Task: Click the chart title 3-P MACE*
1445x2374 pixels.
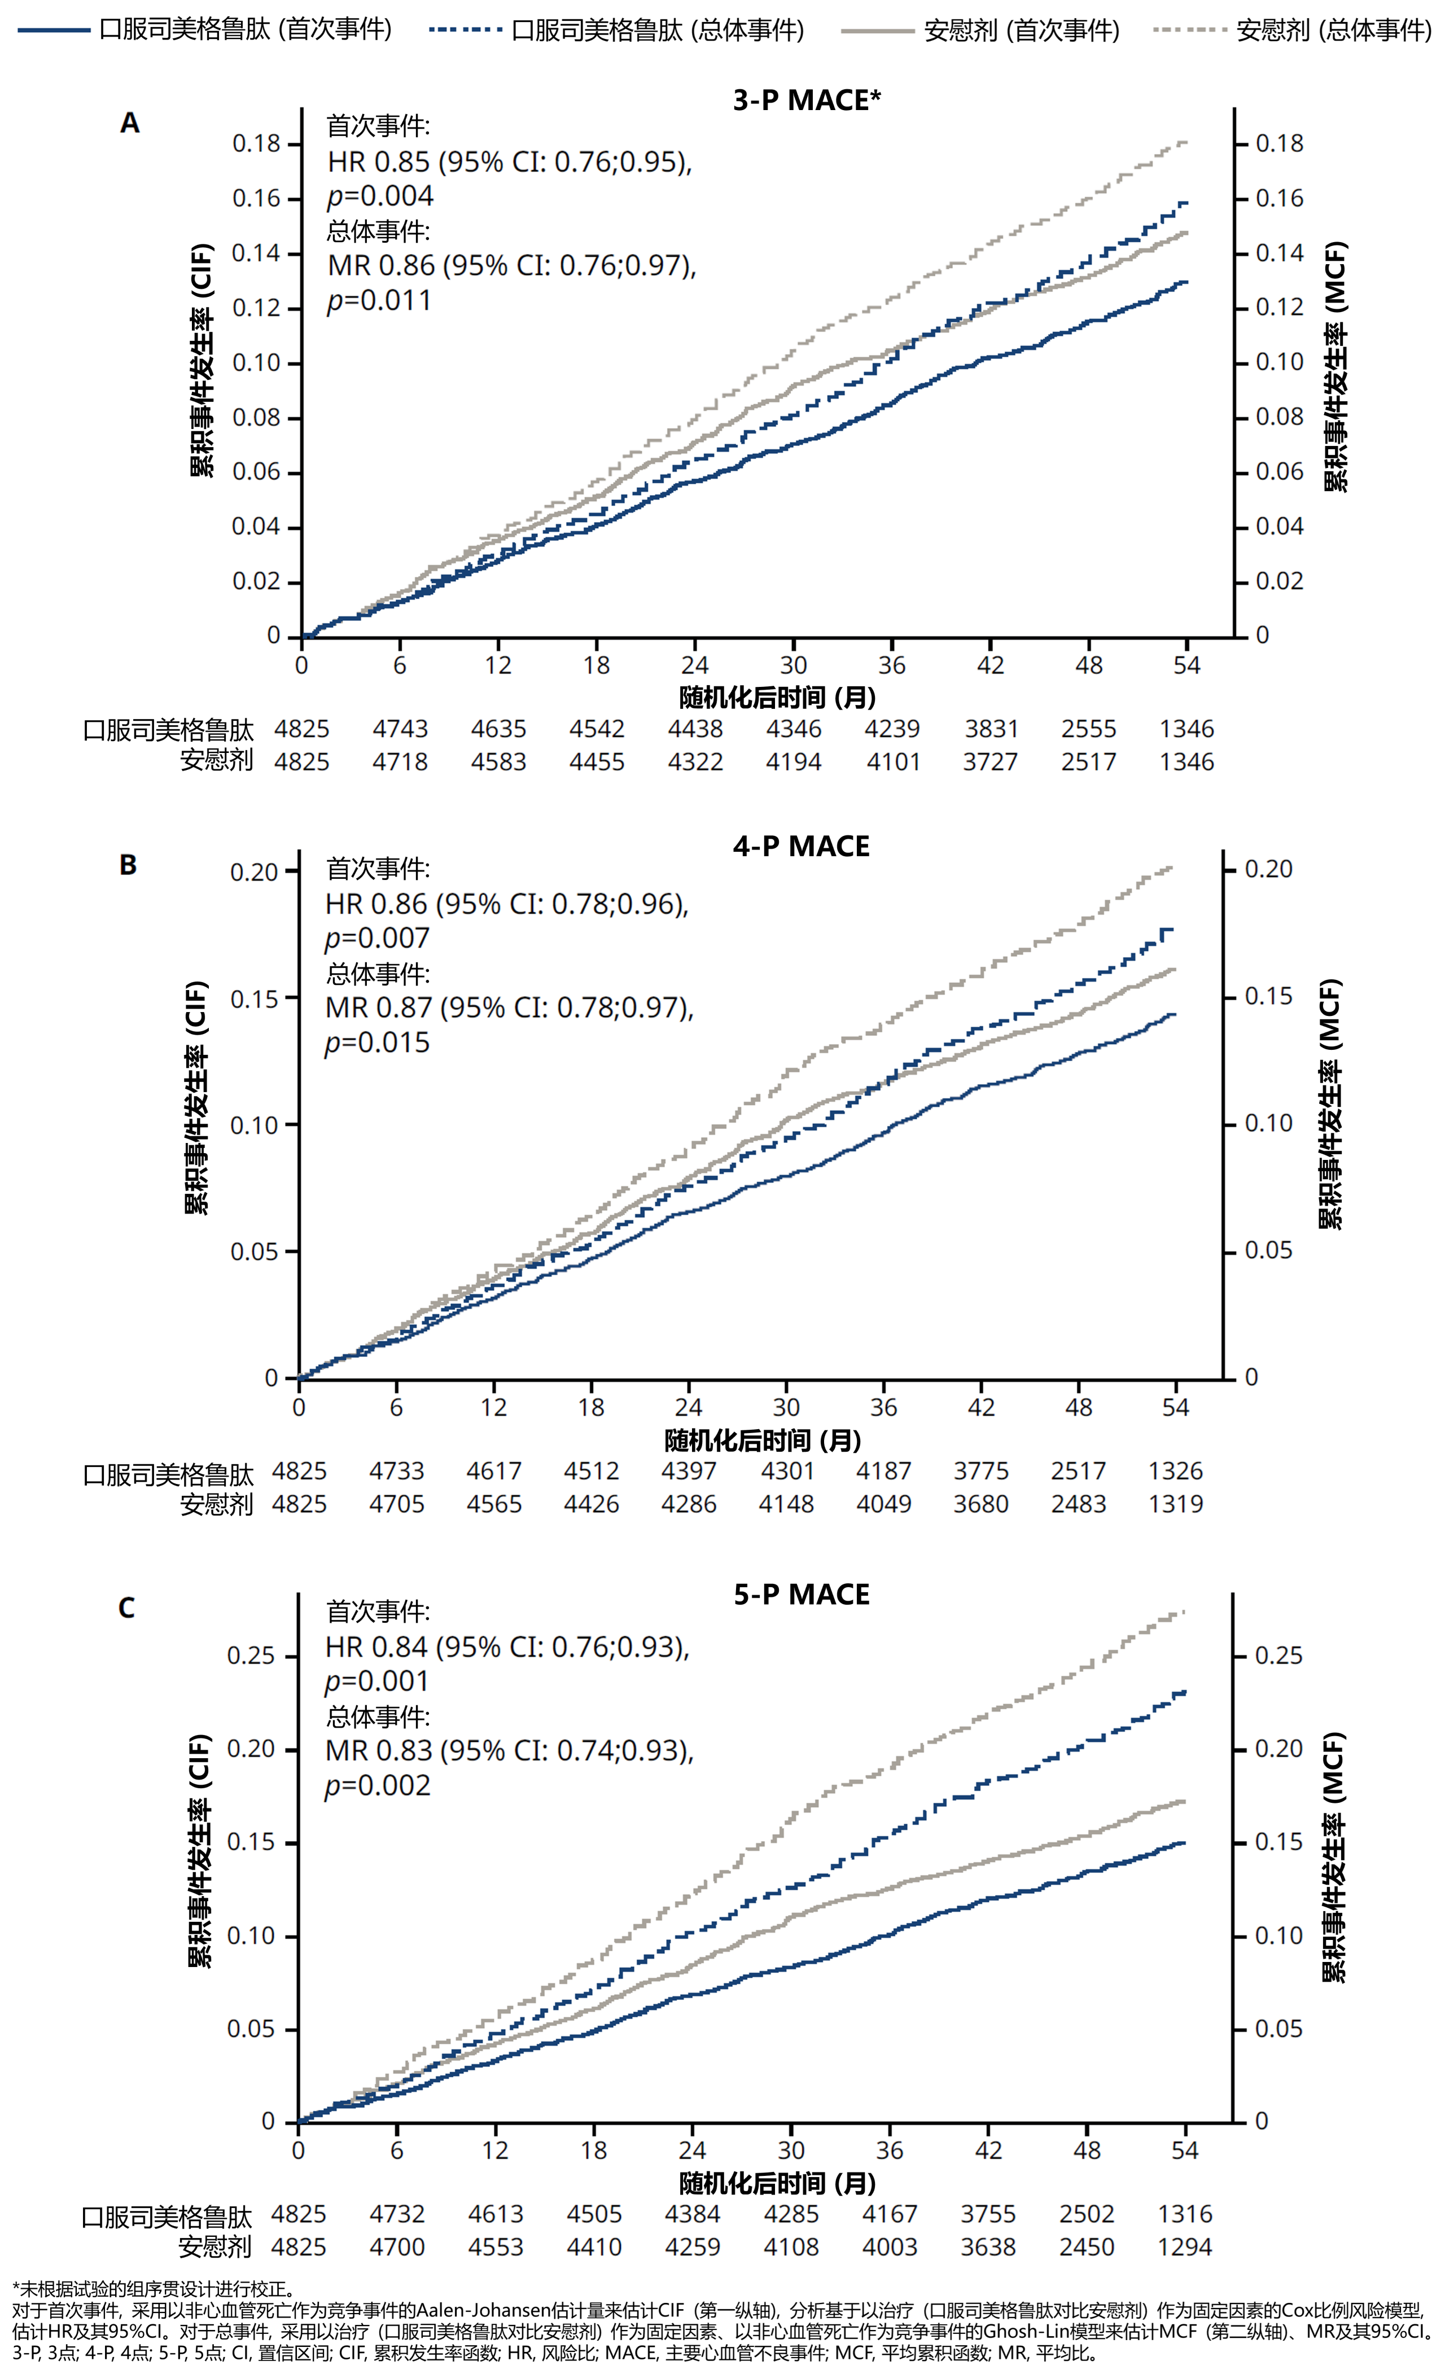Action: click(806, 100)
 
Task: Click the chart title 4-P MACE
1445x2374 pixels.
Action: click(800, 846)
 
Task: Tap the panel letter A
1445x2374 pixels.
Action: click(129, 123)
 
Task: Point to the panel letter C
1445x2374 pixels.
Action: click(126, 1608)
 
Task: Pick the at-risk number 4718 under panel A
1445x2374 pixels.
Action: click(400, 761)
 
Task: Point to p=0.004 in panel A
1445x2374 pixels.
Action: click(379, 196)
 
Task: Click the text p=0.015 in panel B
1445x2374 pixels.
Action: click(376, 1043)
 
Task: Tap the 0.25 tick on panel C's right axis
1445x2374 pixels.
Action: click(1278, 1655)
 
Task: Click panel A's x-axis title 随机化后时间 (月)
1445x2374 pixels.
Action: click(777, 698)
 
